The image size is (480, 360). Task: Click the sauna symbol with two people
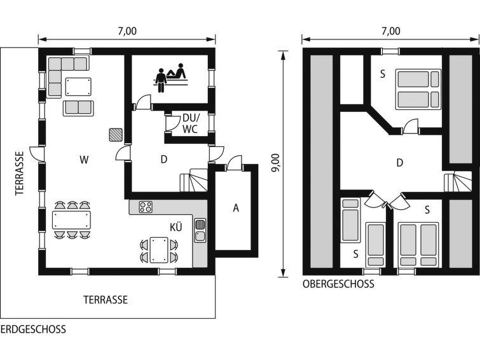[x=170, y=77]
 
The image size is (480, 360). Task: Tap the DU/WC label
[x=191, y=123]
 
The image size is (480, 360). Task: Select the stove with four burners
[x=146, y=207]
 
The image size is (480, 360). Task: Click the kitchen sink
[x=200, y=230]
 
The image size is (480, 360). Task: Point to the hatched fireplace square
[x=116, y=135]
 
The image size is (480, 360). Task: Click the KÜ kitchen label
[x=176, y=227]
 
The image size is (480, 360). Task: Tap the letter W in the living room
[x=84, y=160]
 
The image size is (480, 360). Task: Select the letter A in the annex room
[x=236, y=208]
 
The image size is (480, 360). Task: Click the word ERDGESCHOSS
[x=33, y=329]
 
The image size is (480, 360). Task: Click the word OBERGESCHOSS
[x=338, y=284]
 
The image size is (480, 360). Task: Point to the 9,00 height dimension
[x=276, y=162]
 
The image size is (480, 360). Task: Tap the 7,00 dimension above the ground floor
[x=127, y=31]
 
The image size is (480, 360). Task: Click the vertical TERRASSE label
[x=20, y=173]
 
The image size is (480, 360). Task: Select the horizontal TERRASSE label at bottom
[x=106, y=300]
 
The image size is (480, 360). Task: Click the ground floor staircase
[x=194, y=180]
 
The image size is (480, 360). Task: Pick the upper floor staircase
[x=458, y=182]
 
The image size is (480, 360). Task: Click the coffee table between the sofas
[x=78, y=87]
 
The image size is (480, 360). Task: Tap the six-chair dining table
[x=72, y=219]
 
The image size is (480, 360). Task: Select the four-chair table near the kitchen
[x=159, y=250]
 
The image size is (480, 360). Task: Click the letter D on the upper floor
[x=399, y=163]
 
